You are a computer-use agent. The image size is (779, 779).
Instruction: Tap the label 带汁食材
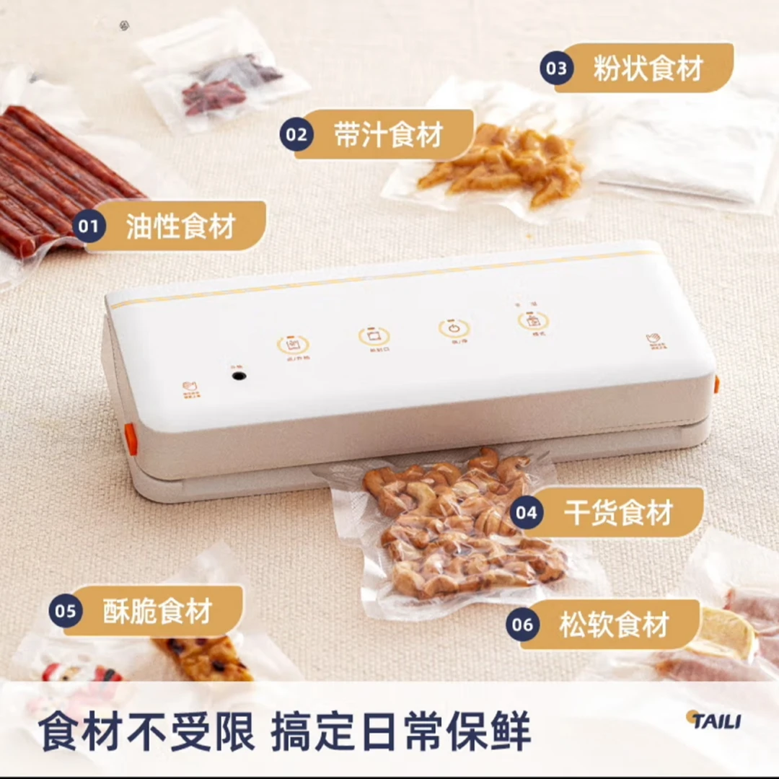[x=388, y=135]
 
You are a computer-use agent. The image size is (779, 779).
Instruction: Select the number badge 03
[x=557, y=69]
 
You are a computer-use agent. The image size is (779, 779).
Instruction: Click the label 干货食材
[x=619, y=513]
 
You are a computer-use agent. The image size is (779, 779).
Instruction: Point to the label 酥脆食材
[x=157, y=612]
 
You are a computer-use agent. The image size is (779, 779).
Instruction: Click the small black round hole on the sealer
[x=239, y=376]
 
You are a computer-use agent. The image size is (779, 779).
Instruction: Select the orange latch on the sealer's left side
[x=131, y=439]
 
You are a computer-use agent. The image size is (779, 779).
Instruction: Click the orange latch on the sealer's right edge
[x=716, y=384]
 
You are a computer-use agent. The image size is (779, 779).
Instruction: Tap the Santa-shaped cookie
[x=79, y=674]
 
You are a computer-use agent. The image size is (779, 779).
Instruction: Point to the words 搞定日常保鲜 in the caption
[x=401, y=731]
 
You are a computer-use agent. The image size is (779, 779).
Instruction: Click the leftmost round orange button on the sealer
[x=293, y=344]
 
